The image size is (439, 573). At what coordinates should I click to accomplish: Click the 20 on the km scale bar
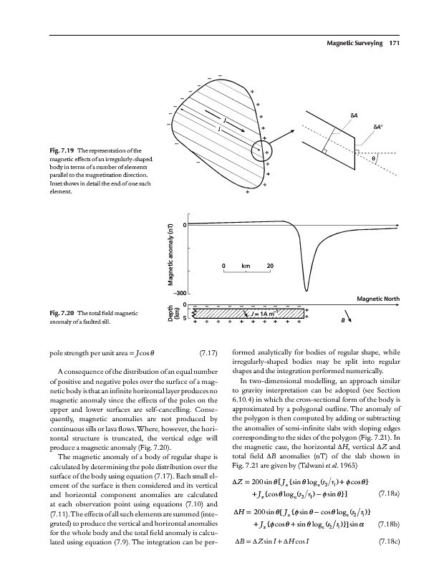click(270, 266)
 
